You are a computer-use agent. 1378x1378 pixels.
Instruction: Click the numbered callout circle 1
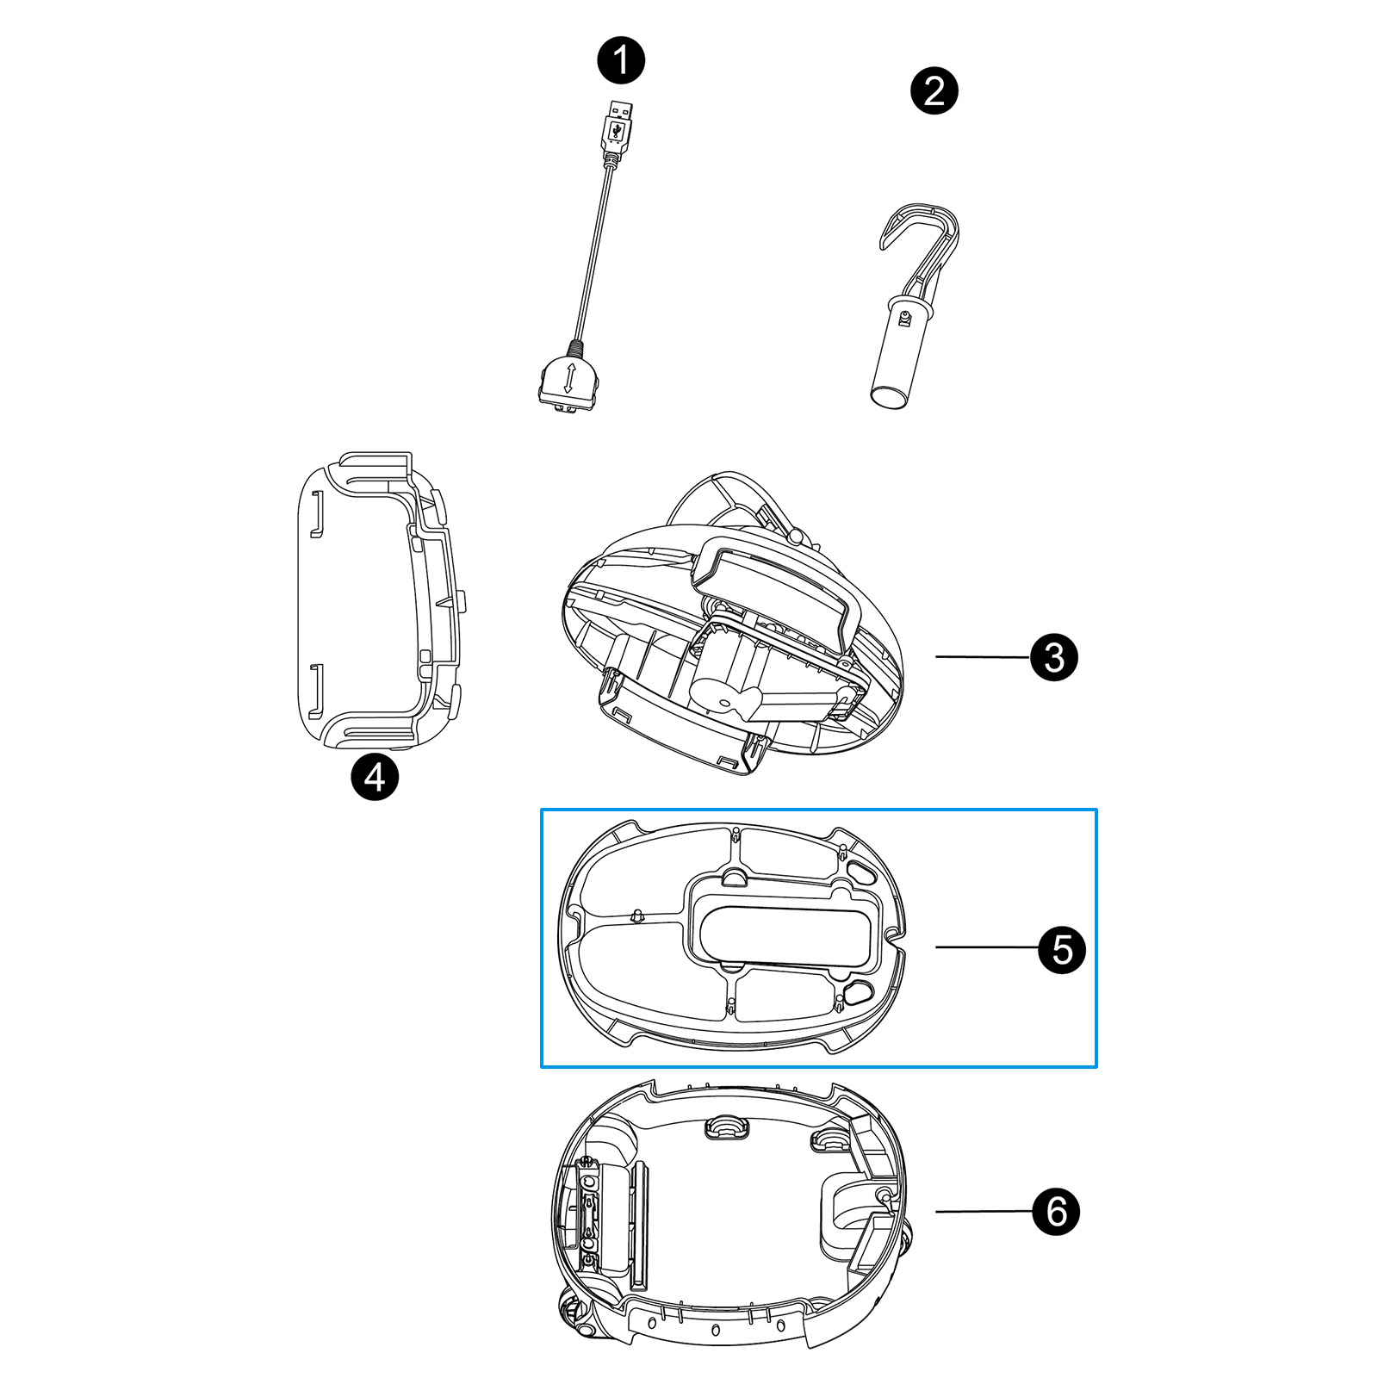(x=621, y=60)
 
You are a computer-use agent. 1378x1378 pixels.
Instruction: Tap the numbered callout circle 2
(x=934, y=90)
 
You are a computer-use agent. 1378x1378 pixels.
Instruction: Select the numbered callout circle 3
(x=1054, y=657)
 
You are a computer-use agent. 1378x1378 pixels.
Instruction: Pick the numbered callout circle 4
(x=375, y=777)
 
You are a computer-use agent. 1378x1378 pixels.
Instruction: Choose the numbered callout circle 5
(x=1062, y=949)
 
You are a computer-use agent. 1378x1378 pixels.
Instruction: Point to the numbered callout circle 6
(x=1056, y=1211)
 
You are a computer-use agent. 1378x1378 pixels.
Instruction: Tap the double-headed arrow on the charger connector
(x=568, y=380)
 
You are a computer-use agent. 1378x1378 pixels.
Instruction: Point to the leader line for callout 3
(x=983, y=657)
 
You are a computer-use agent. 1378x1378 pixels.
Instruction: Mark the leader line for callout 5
(x=987, y=947)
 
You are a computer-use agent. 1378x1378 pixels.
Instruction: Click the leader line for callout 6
(x=984, y=1211)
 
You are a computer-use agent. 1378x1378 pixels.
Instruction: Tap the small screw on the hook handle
(x=904, y=320)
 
